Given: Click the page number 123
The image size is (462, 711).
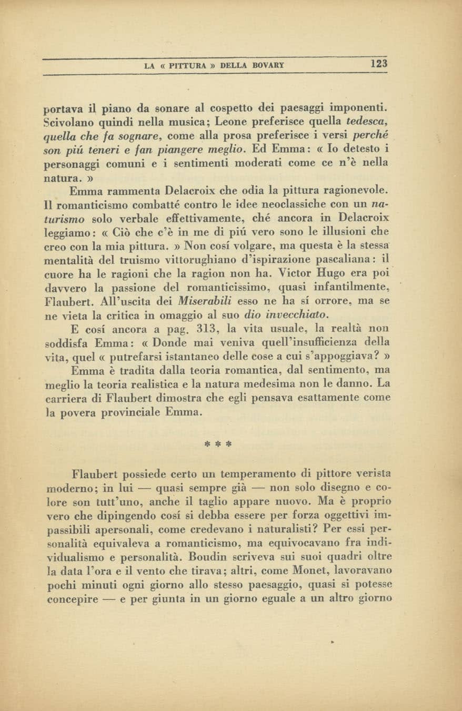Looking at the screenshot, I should tap(378, 64).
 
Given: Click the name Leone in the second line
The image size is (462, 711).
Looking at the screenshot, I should tap(208, 122).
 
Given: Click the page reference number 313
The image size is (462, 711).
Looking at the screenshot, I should tap(203, 329).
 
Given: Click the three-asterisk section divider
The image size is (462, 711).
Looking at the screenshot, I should tap(218, 444).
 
